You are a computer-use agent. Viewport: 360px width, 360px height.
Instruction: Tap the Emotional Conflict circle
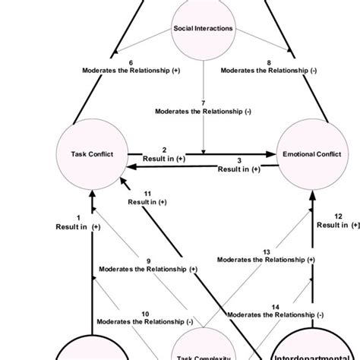[x=311, y=154]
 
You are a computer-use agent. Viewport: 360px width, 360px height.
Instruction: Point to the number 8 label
[x=269, y=62]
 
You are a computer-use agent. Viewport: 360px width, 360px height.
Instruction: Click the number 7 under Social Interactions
[x=202, y=101]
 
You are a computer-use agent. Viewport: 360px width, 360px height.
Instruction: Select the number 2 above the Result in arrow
[x=165, y=149]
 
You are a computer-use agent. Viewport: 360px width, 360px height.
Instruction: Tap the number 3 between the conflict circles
[x=239, y=160]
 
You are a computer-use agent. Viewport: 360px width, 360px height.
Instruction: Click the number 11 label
[x=148, y=193]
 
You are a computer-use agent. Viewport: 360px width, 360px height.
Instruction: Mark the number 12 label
[x=338, y=216]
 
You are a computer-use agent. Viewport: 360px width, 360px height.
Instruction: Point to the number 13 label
[x=266, y=251]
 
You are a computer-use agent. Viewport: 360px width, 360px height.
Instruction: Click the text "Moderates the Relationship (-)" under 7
[x=202, y=111]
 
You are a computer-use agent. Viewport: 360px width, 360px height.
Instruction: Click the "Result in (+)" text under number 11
[x=148, y=203]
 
